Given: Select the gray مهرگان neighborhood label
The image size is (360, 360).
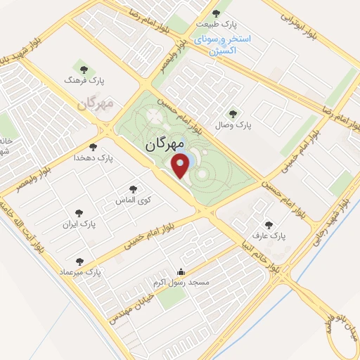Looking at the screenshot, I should pyautogui.click(x=94, y=104).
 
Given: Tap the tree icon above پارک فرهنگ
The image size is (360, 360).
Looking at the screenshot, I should pyautogui.click(x=84, y=69).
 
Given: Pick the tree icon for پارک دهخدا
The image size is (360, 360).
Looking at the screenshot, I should pyautogui.click(x=98, y=146).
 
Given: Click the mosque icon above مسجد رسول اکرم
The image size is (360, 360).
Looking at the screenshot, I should pyautogui.click(x=181, y=272).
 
